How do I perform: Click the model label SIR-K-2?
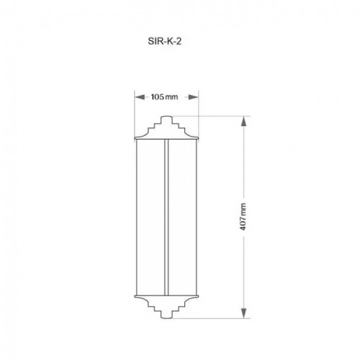click(x=164, y=41)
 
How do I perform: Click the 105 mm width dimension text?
click(x=164, y=97)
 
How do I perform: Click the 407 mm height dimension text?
click(x=243, y=217)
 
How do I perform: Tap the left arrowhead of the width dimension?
click(x=140, y=97)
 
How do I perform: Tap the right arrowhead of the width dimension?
click(x=193, y=97)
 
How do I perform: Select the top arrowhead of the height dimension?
click(x=243, y=121)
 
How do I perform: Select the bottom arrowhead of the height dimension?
click(x=243, y=313)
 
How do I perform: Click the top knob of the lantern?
click(x=166, y=120)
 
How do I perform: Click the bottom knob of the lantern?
click(x=166, y=315)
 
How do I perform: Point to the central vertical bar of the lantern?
click(x=166, y=217)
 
